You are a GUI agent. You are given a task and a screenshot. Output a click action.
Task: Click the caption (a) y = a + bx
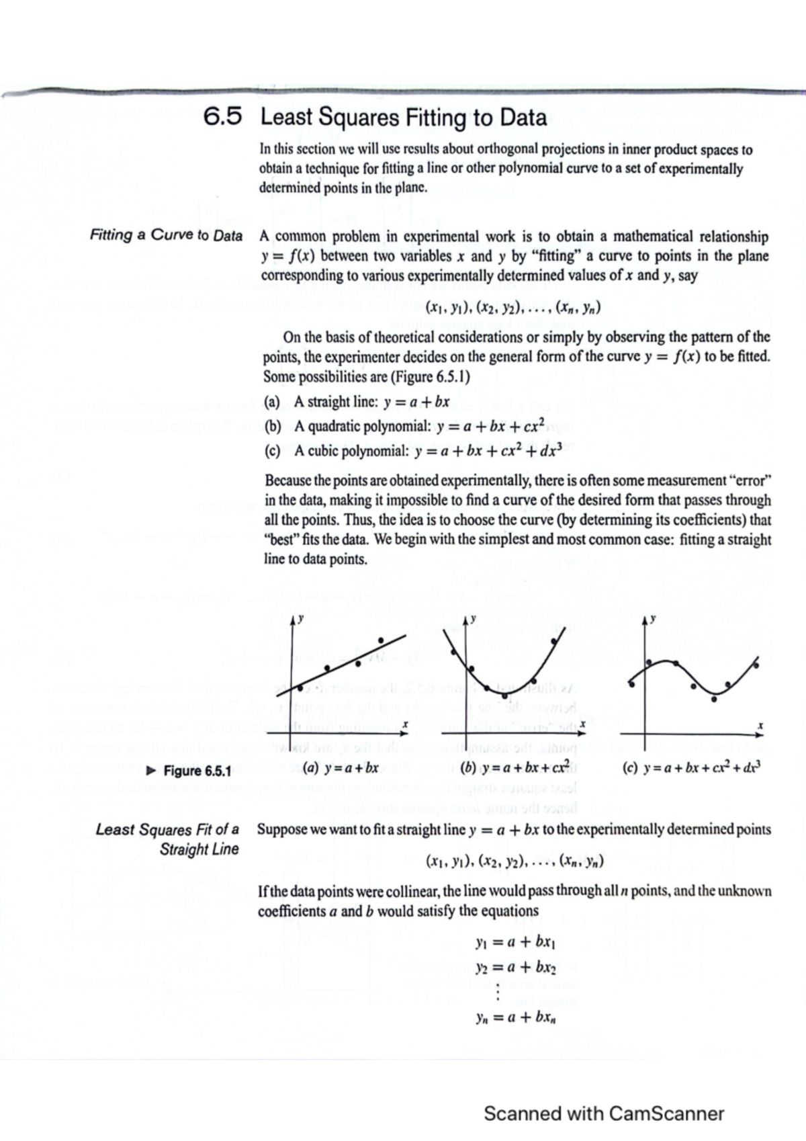pos(341,767)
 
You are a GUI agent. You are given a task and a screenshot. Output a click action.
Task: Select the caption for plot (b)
pos(512,767)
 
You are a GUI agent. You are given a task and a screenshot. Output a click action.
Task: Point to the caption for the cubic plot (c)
pos(692,767)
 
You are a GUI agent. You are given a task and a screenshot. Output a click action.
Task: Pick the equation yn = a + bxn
pos(515,1017)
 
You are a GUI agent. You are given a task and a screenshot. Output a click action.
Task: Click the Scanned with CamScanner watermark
pos(604,1113)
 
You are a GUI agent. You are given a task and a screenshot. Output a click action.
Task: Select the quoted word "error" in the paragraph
pos(750,480)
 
